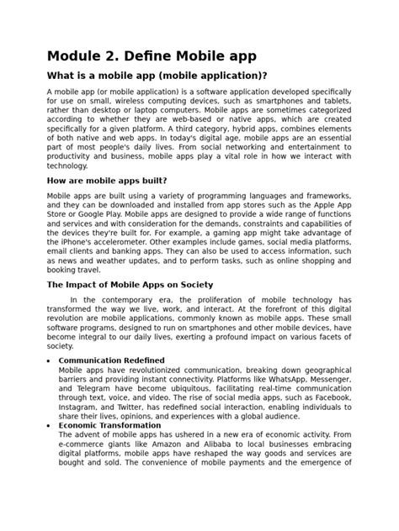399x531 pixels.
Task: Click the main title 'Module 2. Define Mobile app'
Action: click(152, 56)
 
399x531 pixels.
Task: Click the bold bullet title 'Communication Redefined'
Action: click(111, 360)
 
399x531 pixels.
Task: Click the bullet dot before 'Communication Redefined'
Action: click(50, 360)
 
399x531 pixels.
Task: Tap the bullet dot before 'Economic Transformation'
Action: click(50, 426)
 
